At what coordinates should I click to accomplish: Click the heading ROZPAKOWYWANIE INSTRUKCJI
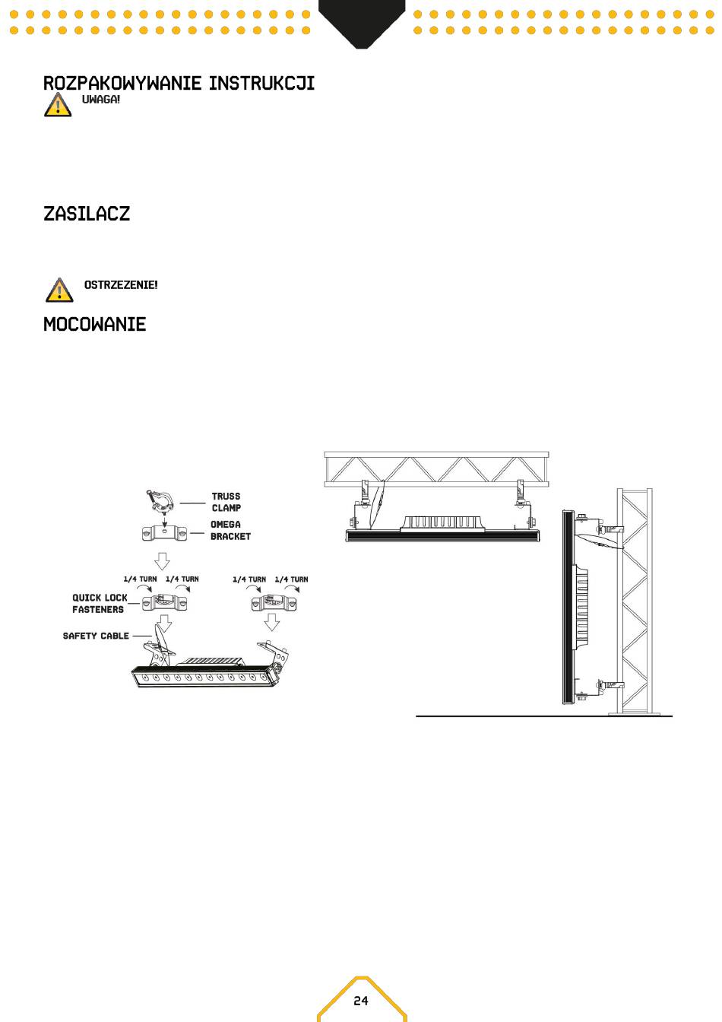point(179,83)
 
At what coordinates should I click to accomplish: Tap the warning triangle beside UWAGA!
point(58,105)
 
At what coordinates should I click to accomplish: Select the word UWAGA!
point(101,100)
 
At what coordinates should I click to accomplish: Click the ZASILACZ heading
point(87,214)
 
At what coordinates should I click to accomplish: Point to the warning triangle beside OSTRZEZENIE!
point(59,290)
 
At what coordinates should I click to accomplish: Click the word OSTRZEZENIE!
point(121,285)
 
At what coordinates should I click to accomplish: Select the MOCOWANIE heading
point(95,325)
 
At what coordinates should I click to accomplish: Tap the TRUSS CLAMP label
point(226,502)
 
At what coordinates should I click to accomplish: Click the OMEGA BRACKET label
point(230,530)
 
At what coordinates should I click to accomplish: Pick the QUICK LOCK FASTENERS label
point(100,604)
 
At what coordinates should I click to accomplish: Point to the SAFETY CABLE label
point(96,636)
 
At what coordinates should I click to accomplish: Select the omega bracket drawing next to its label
point(164,533)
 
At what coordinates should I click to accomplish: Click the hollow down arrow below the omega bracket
point(162,560)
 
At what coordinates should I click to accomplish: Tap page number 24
point(361,1001)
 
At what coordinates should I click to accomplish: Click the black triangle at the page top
point(362,23)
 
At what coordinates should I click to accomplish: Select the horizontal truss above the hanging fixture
point(436,469)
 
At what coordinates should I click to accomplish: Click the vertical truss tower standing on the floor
point(635,601)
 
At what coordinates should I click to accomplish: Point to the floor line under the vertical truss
point(544,716)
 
